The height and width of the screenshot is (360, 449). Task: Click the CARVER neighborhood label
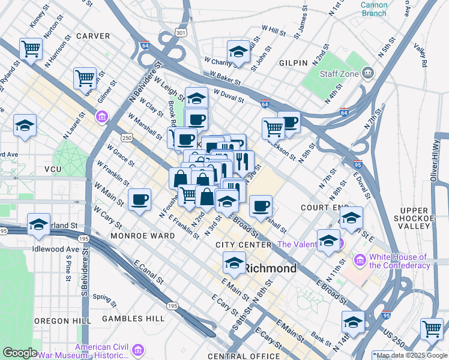[x=94, y=36]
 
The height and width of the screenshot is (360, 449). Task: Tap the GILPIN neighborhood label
[x=293, y=62]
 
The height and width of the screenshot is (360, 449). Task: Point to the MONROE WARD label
[x=143, y=236]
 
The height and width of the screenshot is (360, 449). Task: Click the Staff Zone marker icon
[x=366, y=74]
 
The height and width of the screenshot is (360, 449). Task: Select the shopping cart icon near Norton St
[x=31, y=49]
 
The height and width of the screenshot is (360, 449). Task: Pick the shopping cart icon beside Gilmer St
[x=85, y=77]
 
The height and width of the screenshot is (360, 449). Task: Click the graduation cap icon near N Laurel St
[x=25, y=125]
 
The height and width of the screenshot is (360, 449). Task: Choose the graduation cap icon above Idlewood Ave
[x=38, y=224]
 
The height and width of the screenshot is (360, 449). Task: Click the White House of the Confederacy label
[x=400, y=261]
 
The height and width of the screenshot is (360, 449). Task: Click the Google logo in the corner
[x=20, y=352]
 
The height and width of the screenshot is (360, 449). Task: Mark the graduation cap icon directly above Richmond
[x=234, y=262]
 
